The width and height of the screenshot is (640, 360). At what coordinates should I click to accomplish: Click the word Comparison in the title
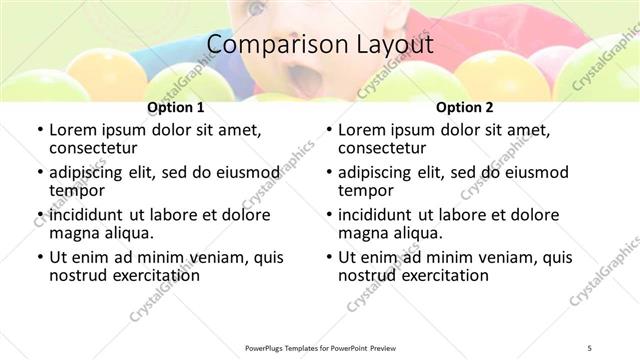[x=263, y=46]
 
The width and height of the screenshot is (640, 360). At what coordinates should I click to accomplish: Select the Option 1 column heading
[x=176, y=107]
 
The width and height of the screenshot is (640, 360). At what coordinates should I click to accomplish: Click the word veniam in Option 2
[x=502, y=257]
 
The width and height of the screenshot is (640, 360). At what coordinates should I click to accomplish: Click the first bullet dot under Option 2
[x=329, y=130]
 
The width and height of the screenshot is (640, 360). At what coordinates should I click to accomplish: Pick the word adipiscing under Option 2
[x=379, y=172]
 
